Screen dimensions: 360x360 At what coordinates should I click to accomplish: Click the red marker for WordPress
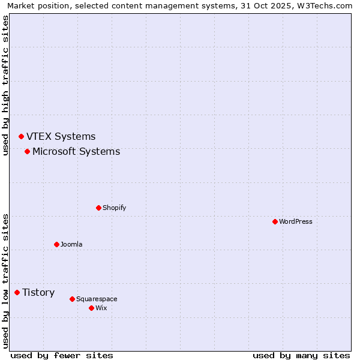pos(275,221)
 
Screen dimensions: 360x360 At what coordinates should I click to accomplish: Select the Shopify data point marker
pos(98,208)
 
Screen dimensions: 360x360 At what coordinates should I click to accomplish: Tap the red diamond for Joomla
pos(56,244)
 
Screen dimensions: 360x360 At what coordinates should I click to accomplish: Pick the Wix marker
pos(91,308)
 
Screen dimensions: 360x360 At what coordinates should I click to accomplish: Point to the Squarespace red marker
pos(72,299)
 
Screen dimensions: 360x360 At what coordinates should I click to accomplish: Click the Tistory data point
pos(17,292)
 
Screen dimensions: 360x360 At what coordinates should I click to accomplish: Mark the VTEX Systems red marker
pos(21,136)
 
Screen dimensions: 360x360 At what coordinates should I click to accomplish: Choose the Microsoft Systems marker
pos(27,151)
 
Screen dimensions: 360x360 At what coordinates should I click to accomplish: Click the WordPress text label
pos(295,221)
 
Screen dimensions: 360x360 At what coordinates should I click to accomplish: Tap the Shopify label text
pos(114,208)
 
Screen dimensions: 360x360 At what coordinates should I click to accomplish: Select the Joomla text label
pos(71,244)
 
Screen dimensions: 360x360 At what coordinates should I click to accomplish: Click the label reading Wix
pos(101,308)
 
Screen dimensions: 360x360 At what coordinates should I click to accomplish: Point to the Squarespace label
pos(97,299)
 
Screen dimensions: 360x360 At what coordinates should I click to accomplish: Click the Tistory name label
pos(38,292)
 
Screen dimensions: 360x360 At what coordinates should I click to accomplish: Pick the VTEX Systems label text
pos(61,136)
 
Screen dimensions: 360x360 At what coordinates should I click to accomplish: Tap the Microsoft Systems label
pos(76,151)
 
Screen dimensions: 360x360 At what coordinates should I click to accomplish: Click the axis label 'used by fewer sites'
pos(62,355)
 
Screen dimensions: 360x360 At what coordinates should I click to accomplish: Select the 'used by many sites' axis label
pos(301,355)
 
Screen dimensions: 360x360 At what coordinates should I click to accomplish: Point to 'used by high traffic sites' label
pos(6,85)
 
